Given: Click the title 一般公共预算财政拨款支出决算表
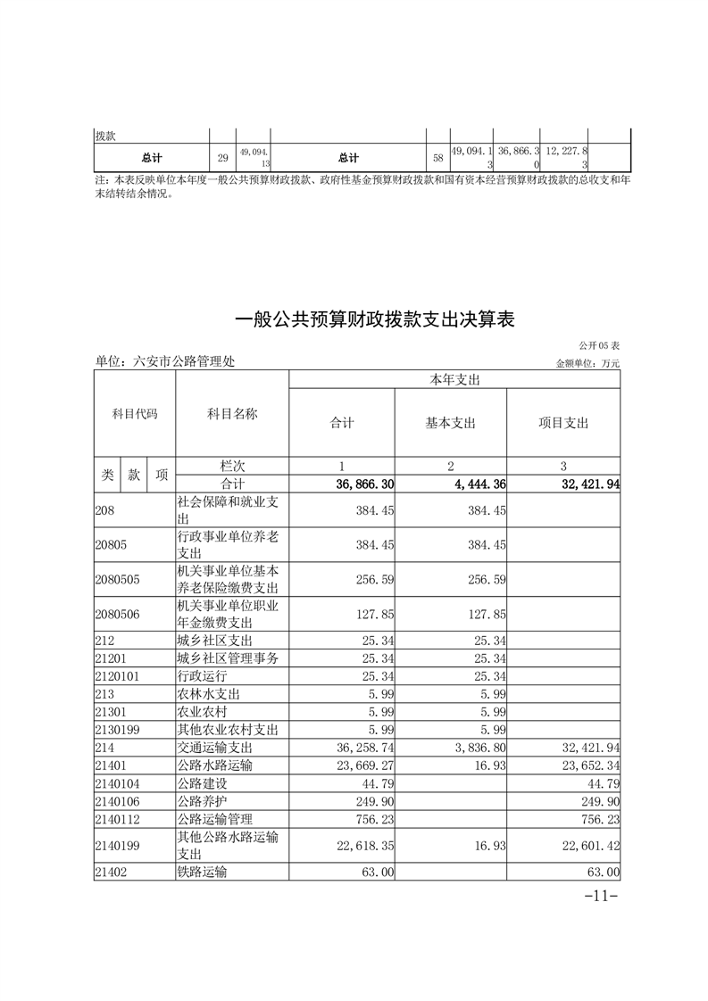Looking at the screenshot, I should pyautogui.click(x=375, y=319).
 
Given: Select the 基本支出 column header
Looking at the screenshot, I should pyautogui.click(x=450, y=423).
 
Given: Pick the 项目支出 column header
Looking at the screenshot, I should pyautogui.click(x=563, y=423).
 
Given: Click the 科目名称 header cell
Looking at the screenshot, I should pyautogui.click(x=232, y=414).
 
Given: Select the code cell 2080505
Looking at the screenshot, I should pyautogui.click(x=118, y=578).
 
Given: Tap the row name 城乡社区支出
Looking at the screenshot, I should pyautogui.click(x=215, y=641).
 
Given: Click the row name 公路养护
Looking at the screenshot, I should pyautogui.click(x=203, y=801).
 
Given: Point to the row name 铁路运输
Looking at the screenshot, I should pyautogui.click(x=203, y=873).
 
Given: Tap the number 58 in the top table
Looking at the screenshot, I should pyautogui.click(x=437, y=158).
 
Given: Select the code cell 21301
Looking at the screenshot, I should pyautogui.click(x=112, y=712).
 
